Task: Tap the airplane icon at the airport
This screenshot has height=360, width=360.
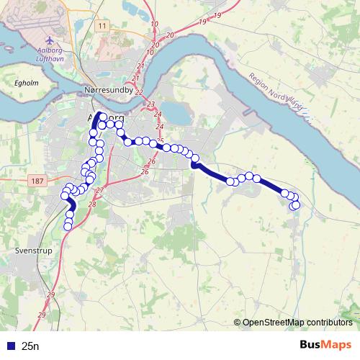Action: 49,40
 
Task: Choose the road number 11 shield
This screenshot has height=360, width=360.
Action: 103,26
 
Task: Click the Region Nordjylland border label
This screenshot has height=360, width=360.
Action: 276,96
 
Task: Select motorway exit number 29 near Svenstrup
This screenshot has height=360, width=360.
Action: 50,295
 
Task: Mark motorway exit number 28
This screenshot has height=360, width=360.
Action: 92,204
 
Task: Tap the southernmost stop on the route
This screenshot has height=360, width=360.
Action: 68,227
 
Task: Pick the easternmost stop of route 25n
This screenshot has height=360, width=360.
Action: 295,204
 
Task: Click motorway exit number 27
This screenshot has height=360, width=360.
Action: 99,189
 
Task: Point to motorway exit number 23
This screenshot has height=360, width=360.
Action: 151,105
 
